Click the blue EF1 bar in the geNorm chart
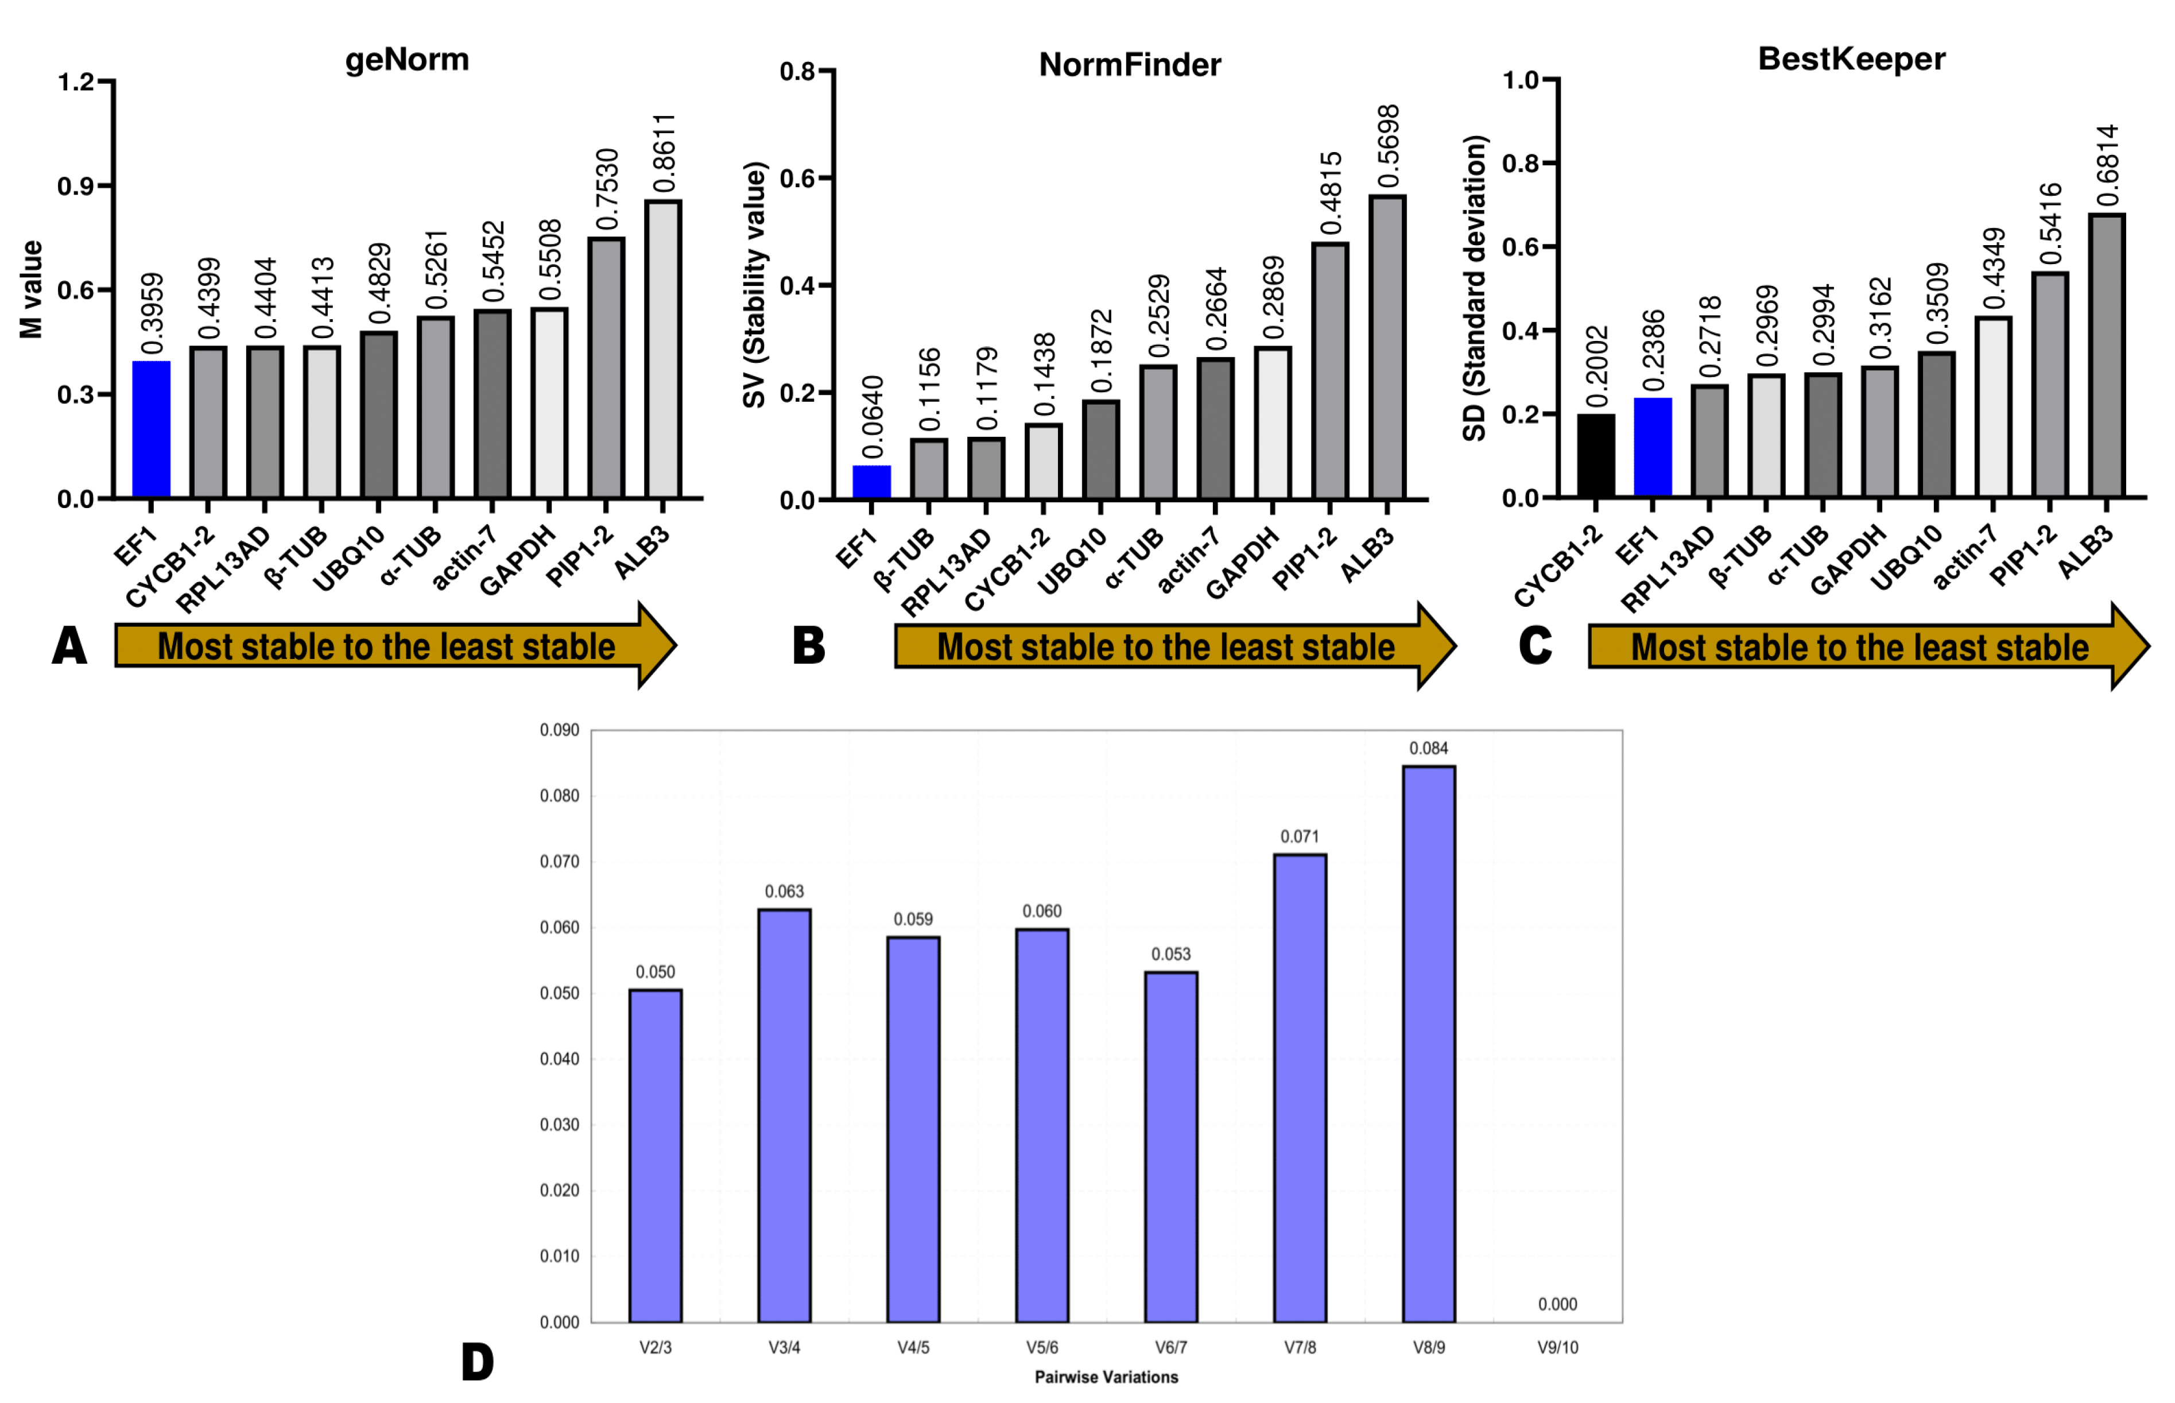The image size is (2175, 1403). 151,429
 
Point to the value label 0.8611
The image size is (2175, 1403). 665,153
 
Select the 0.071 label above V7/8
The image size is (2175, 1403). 1299,836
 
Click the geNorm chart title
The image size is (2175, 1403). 407,60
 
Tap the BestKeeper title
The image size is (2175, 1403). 1850,59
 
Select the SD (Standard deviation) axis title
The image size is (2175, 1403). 1473,288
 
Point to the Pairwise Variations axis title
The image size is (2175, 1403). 1105,1377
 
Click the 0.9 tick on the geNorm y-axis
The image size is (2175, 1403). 76,187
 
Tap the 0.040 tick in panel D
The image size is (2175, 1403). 559,1059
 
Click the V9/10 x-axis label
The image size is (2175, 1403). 1557,1347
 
